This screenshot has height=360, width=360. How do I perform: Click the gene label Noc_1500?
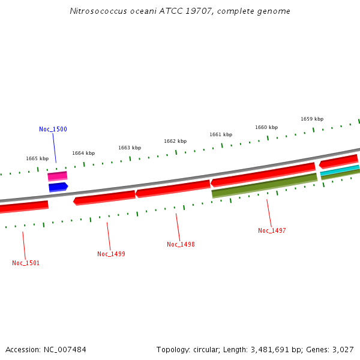pos(53,129)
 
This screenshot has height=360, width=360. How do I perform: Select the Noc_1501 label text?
pos(26,263)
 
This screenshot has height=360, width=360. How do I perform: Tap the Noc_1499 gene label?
pos(111,254)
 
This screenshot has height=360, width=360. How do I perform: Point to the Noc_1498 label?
pos(181,244)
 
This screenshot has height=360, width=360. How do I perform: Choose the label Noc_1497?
pos(272,230)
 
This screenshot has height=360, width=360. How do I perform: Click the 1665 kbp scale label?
pos(37,158)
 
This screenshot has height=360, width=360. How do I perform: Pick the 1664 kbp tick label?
pos(83,153)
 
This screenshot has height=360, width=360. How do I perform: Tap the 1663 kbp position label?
pos(130,148)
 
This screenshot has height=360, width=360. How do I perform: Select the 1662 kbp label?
pos(175,141)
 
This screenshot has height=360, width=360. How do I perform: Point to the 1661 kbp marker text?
pos(221,134)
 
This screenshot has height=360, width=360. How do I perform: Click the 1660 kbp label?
pos(266,127)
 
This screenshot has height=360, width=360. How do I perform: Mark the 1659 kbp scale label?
pos(312,119)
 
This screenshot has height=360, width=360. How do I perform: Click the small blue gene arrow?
pos(58,187)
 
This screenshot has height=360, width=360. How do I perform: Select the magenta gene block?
pos(58,176)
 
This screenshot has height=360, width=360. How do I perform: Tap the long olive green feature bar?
pos(264,185)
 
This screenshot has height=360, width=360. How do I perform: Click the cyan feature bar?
pos(340,170)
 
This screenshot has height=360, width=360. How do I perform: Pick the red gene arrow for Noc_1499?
pos(104,197)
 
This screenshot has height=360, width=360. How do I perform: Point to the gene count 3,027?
pos(341,349)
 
